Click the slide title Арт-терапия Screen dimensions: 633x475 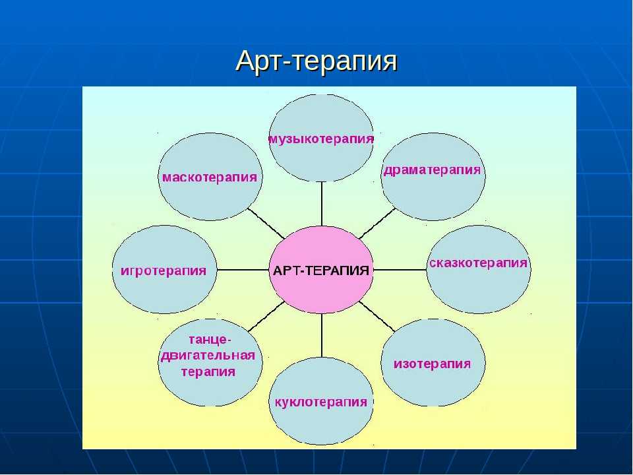(x=316, y=61)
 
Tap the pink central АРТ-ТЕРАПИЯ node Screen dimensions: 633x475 (x=321, y=270)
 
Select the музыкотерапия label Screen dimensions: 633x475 (x=321, y=139)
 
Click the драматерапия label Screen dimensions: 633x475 (x=433, y=170)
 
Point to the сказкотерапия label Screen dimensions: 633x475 (x=479, y=263)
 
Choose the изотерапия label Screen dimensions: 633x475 (x=433, y=364)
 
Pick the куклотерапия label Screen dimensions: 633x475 (x=321, y=402)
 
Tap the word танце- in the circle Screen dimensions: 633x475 (x=210, y=340)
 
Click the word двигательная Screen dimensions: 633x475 (x=208, y=356)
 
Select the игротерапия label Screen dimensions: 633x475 (x=164, y=270)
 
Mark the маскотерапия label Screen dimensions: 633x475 (x=210, y=177)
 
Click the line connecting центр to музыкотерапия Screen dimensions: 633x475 (x=322, y=204)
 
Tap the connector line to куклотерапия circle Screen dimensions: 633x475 (x=322, y=336)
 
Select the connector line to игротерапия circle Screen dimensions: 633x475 (x=243, y=270)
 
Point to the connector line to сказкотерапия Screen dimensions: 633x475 (x=400, y=270)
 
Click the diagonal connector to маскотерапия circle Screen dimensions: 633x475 (x=266, y=224)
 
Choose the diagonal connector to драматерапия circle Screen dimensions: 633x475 (x=377, y=224)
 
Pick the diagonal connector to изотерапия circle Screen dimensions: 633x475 (x=377, y=317)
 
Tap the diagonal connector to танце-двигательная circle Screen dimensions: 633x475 (x=266, y=317)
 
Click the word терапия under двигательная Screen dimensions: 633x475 (x=208, y=371)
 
